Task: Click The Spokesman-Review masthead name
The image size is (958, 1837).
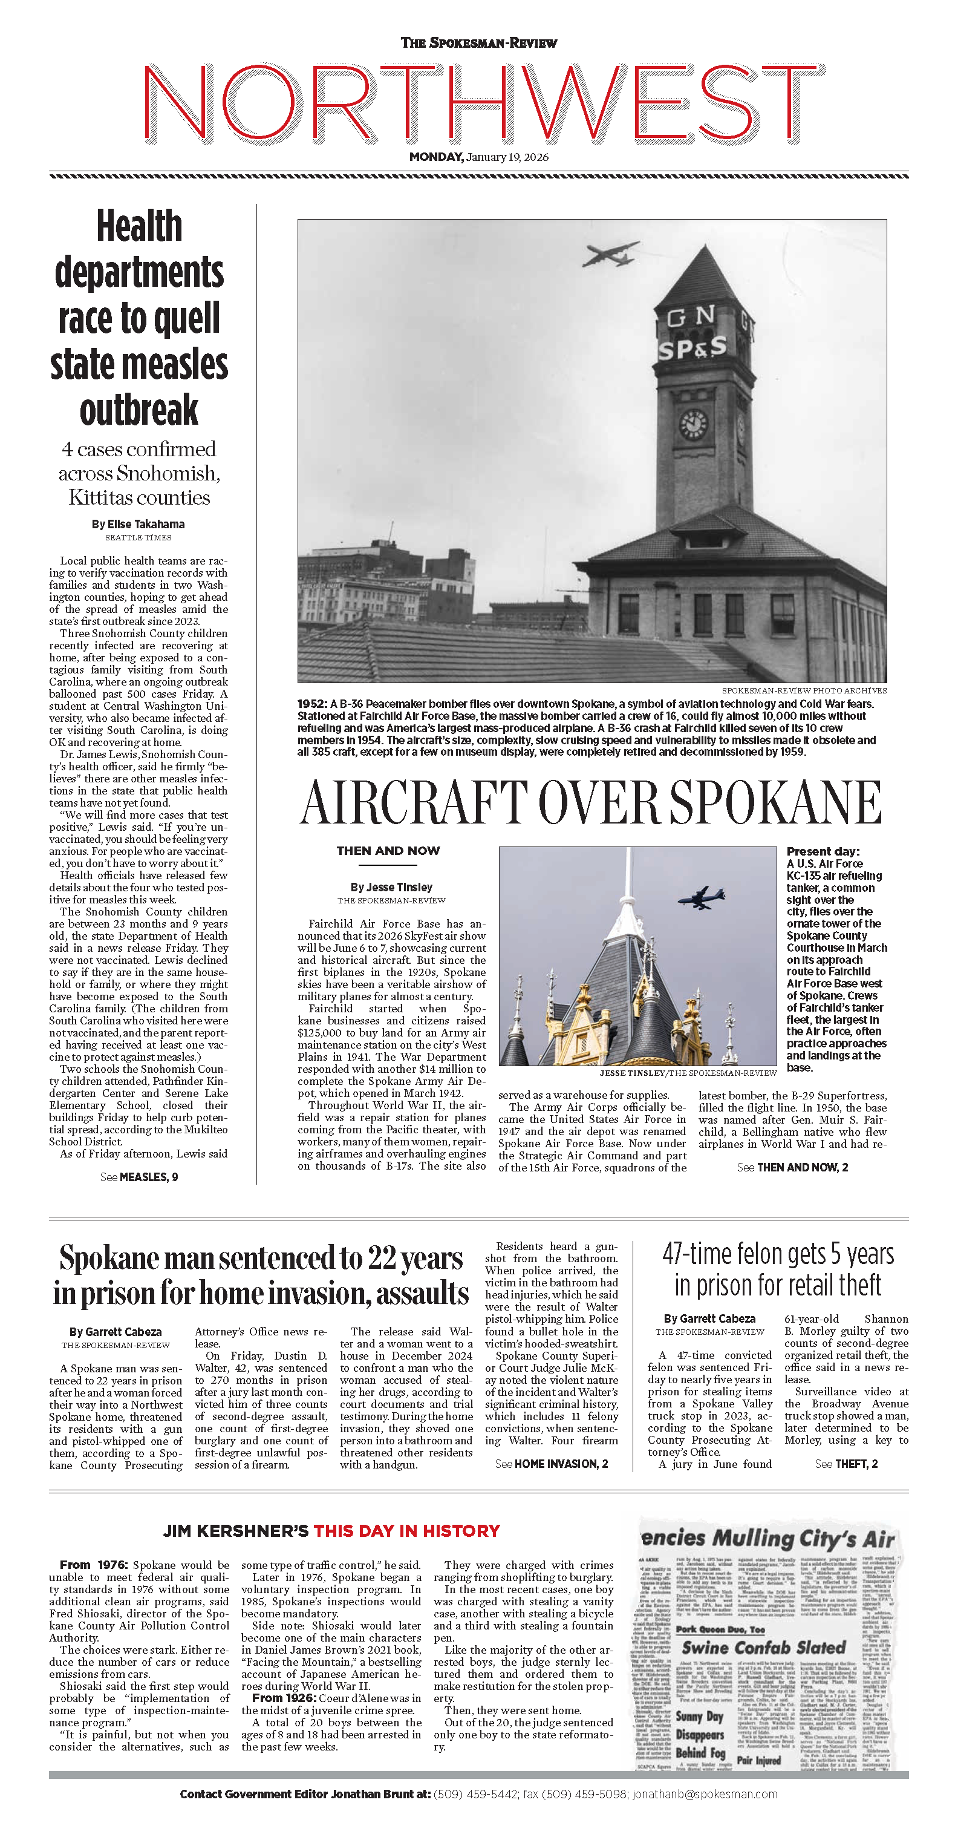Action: [478, 43]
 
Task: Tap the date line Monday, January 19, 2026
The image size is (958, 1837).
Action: [478, 157]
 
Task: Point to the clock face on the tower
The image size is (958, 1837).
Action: [692, 424]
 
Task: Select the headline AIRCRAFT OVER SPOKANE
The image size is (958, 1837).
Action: [591, 802]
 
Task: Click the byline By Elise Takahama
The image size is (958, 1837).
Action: [138, 524]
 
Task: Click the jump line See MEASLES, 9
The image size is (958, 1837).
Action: [139, 1177]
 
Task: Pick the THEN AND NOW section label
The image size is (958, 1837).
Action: [388, 851]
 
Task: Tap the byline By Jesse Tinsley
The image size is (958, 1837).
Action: [391, 887]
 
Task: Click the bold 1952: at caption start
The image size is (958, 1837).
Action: [312, 704]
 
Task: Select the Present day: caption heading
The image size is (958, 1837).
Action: [823, 851]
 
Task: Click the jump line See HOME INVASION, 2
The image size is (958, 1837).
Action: [552, 1464]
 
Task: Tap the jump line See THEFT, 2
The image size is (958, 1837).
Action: [846, 1464]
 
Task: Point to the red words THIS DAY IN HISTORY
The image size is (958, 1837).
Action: [406, 1531]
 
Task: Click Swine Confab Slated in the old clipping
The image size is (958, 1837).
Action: [763, 1648]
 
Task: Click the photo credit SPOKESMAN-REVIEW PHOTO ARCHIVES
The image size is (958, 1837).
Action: [804, 690]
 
